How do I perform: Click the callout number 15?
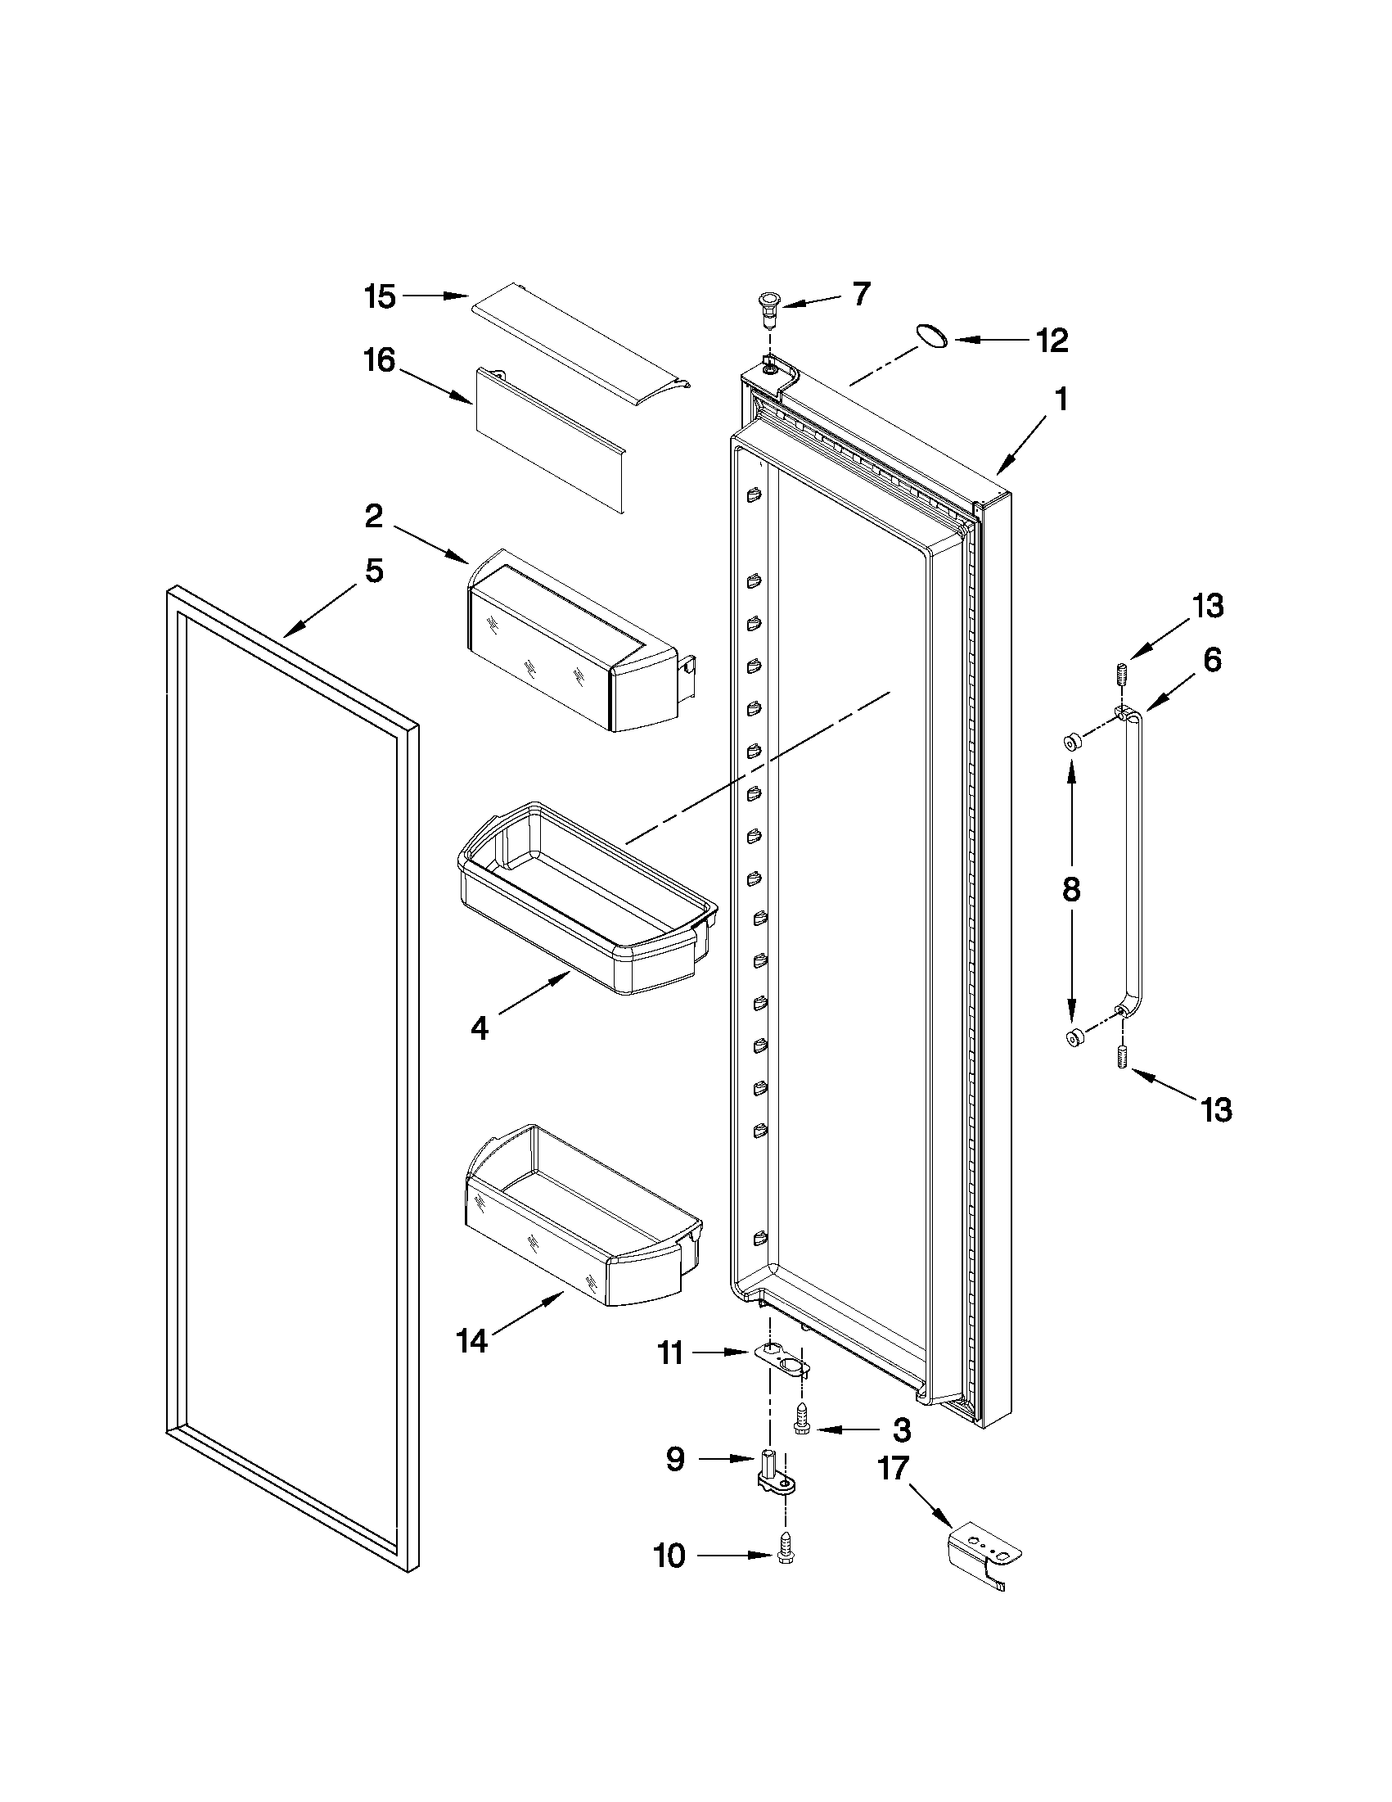coord(381,296)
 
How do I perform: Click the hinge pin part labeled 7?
coord(770,305)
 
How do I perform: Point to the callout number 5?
coord(374,570)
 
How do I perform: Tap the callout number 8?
coord(1070,890)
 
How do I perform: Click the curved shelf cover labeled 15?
coord(580,345)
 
